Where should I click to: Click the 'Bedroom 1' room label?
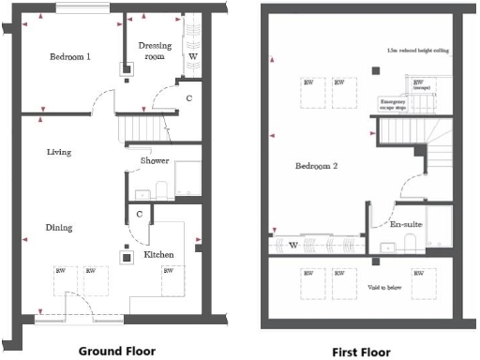70,57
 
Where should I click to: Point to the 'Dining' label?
58,227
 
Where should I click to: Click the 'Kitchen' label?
157,255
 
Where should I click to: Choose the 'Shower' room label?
155,161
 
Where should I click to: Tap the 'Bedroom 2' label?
315,167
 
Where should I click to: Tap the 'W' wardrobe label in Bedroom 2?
293,247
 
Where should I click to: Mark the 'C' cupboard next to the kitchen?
139,215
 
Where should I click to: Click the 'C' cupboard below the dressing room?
188,97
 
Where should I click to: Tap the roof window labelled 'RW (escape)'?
419,84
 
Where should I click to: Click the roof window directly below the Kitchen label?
169,278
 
